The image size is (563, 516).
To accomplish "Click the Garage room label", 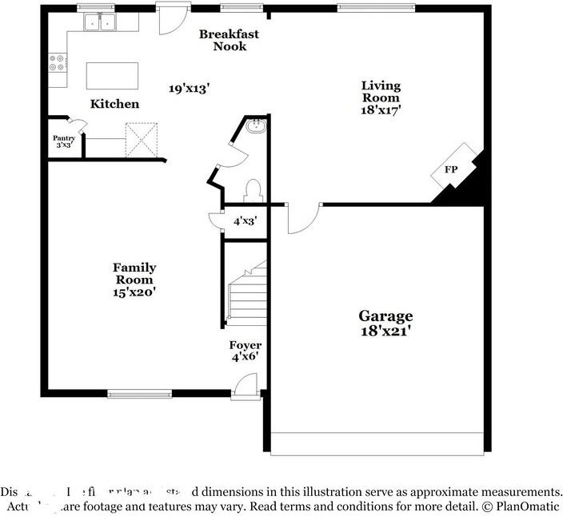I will click(x=385, y=323).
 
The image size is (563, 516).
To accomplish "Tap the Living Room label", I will click(x=381, y=97).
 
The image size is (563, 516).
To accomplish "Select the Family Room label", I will click(x=134, y=280).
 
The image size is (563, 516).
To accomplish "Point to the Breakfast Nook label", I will click(x=229, y=40).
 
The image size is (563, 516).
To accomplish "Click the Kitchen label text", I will click(x=114, y=104).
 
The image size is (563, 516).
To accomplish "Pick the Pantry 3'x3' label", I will click(x=64, y=141).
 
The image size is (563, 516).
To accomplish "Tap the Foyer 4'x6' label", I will click(x=246, y=351).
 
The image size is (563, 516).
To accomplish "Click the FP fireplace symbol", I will click(x=452, y=170).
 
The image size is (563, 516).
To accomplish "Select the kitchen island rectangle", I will click(x=112, y=76).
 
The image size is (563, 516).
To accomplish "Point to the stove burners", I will click(x=58, y=62).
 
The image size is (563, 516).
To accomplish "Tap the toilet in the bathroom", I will click(x=254, y=189).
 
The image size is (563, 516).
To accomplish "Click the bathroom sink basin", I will click(x=256, y=125).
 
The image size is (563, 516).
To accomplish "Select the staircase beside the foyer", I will click(x=246, y=293).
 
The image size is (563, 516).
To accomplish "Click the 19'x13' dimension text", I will click(x=189, y=89).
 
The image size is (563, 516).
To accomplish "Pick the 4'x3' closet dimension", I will click(x=245, y=220).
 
